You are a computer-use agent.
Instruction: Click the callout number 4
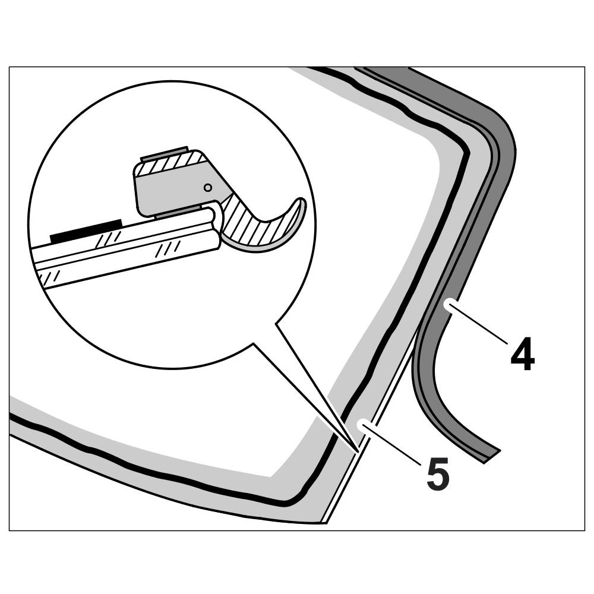point(522,355)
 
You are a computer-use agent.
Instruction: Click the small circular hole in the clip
point(207,188)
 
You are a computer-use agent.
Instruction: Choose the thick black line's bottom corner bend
point(297,499)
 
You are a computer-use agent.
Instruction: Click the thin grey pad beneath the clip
point(178,213)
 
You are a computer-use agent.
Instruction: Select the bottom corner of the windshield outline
point(324,522)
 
